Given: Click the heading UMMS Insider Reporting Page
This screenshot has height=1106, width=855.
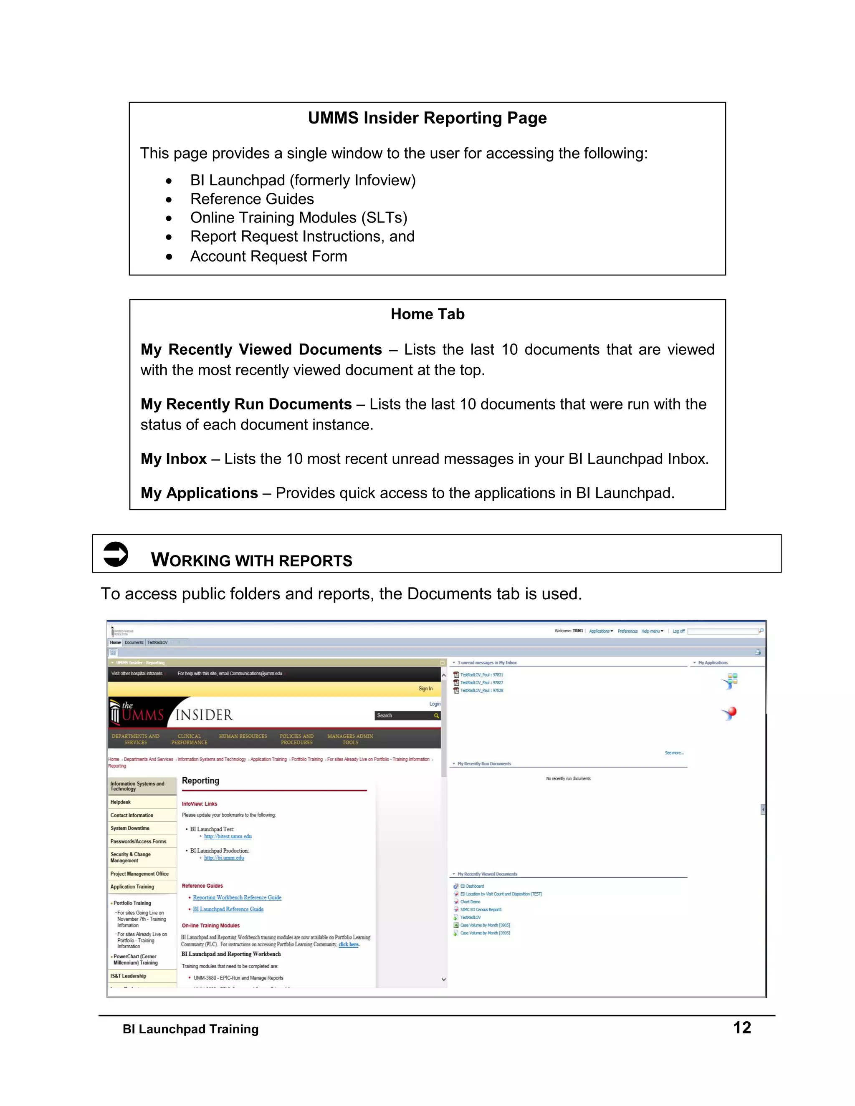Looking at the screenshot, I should (427, 118).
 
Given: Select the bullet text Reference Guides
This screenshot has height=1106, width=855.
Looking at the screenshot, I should (252, 199).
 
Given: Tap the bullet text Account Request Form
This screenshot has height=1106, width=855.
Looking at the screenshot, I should (268, 256).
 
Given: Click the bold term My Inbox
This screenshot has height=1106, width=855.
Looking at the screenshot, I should (173, 459).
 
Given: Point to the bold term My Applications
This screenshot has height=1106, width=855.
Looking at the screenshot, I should (199, 493).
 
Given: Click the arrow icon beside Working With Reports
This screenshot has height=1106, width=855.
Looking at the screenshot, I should (116, 554).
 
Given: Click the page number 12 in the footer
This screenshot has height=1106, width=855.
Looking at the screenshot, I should (741, 1028).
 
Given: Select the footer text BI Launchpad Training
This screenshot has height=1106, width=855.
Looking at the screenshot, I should (190, 1029).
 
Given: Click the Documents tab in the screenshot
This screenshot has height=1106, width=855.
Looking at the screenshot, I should (134, 642).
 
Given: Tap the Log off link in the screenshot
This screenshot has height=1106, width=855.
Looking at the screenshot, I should (678, 631).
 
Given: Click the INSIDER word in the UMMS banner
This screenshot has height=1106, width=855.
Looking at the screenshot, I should (204, 715).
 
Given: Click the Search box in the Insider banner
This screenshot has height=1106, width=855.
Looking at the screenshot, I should (404, 715).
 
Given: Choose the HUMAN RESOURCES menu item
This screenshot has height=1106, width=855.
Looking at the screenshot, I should (243, 736).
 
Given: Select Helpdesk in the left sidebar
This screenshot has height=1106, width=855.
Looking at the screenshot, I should (121, 802).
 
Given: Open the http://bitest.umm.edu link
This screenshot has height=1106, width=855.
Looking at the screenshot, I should (228, 836).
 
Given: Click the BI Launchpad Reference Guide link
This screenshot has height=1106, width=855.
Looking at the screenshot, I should (228, 909).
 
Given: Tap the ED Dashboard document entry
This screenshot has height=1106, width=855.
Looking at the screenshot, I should (472, 886).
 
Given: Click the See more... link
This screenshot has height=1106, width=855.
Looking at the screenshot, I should (674, 753).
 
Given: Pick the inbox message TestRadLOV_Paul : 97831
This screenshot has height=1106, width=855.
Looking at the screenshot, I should (481, 674).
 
